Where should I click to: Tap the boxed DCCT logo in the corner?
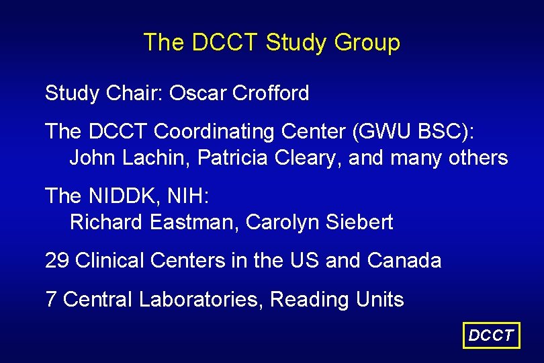pos(492,335)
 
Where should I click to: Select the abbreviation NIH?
pos(190,196)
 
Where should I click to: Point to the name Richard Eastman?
pos(152,222)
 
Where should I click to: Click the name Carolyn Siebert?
pos(320,222)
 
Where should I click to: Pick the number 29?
pos(57,260)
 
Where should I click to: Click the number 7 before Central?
pos(50,299)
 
